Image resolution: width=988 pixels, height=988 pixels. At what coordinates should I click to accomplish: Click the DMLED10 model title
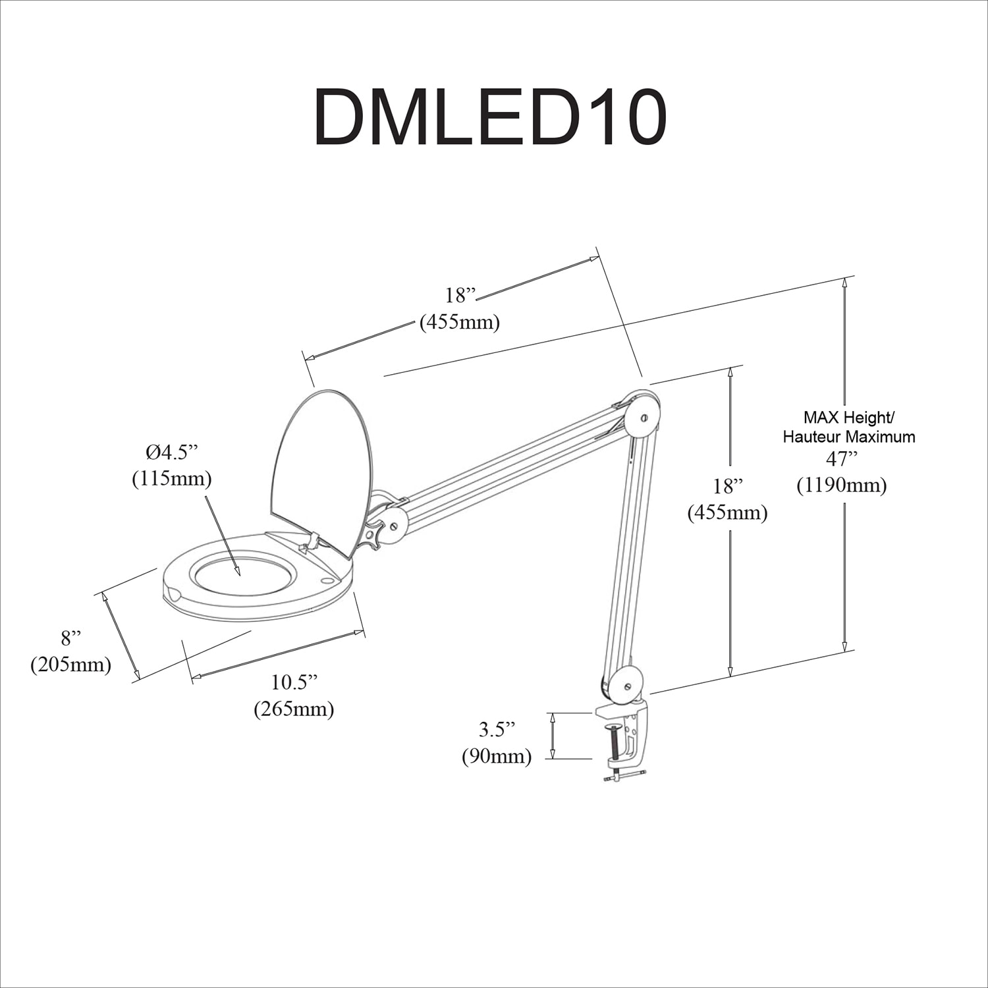(x=491, y=118)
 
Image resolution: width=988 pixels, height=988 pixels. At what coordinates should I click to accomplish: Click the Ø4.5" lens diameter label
(x=172, y=453)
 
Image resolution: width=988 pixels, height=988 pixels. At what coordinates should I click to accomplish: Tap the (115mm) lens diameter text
(x=172, y=479)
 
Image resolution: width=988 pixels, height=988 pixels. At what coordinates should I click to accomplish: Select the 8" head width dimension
(x=71, y=638)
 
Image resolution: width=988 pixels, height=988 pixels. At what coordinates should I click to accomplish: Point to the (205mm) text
(x=71, y=665)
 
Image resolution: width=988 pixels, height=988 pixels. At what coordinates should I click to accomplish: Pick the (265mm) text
(x=294, y=709)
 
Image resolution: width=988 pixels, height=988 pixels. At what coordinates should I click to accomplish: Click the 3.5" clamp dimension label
(x=497, y=729)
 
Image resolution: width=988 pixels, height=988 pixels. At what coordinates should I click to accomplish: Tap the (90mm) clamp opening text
(x=497, y=756)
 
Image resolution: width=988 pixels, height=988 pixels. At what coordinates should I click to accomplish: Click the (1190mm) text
(x=841, y=485)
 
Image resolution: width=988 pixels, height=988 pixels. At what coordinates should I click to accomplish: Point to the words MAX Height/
(x=848, y=417)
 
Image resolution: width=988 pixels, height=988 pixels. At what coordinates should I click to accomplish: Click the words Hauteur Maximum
(x=848, y=436)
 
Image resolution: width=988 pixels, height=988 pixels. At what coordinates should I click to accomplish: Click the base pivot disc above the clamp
(x=625, y=684)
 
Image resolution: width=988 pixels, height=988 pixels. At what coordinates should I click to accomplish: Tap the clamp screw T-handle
(x=624, y=777)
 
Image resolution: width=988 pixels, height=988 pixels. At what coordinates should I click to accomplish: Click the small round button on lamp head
(x=327, y=581)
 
